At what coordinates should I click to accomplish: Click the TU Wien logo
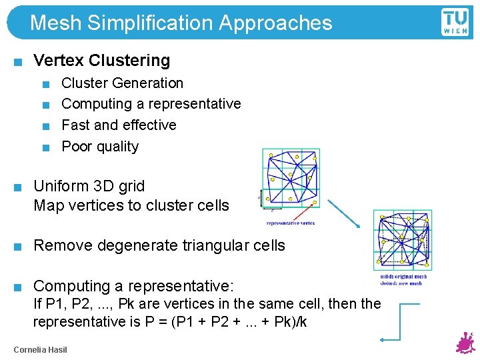click(455, 21)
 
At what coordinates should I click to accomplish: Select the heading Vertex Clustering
click(101, 60)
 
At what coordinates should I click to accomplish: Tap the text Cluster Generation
click(122, 83)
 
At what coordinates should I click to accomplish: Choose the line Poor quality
click(100, 147)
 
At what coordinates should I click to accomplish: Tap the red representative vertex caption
click(290, 223)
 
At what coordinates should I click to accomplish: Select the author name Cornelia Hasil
click(40, 350)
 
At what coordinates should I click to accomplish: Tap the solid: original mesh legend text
click(403, 277)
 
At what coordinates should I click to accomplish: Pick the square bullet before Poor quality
click(45, 147)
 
